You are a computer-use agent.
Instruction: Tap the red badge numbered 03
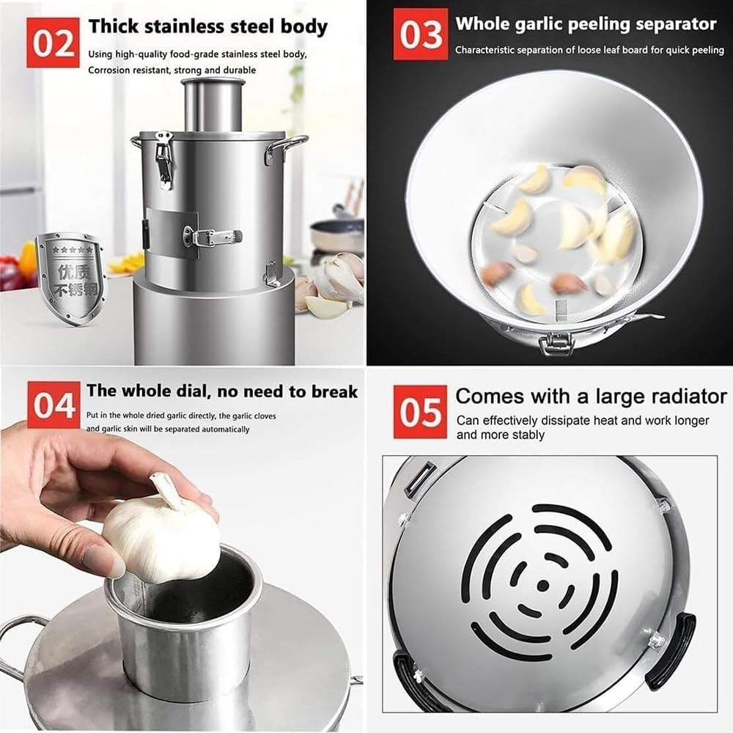420,34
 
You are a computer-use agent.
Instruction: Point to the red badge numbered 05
420,412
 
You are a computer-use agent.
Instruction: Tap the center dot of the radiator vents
542,585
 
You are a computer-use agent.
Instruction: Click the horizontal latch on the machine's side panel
213,236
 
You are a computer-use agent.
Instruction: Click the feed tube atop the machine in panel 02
213,103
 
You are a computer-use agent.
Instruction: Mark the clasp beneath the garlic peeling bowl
556,342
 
